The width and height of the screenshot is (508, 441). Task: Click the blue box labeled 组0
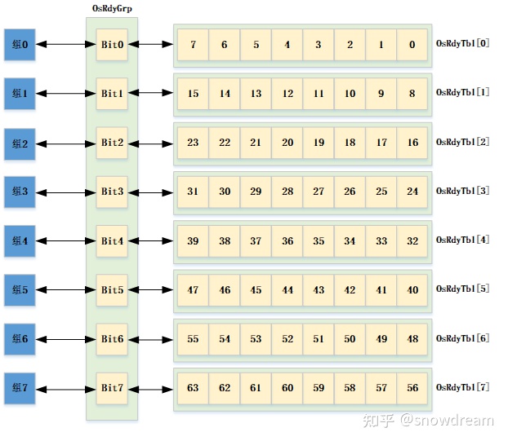click(20, 45)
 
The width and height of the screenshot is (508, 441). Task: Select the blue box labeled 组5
click(20, 290)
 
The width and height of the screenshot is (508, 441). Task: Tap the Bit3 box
click(112, 192)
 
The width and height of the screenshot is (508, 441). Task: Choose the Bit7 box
click(112, 388)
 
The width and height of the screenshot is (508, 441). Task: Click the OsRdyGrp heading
click(112, 8)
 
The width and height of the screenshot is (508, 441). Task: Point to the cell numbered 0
click(412, 45)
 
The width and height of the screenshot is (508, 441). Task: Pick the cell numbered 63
click(193, 388)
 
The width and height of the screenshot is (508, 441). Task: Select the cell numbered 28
click(287, 192)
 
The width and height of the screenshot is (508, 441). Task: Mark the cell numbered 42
click(350, 290)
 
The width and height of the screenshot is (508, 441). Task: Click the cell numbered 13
click(256, 94)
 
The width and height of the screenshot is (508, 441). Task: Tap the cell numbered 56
click(412, 388)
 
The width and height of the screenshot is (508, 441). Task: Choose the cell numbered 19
click(319, 143)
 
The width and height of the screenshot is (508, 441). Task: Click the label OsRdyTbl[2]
click(462, 142)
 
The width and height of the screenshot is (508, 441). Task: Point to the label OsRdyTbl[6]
click(462, 337)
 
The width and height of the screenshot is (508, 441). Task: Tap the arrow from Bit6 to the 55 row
click(150, 339)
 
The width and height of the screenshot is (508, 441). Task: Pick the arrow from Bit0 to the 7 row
click(150, 45)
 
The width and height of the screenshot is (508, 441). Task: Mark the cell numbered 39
click(193, 241)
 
